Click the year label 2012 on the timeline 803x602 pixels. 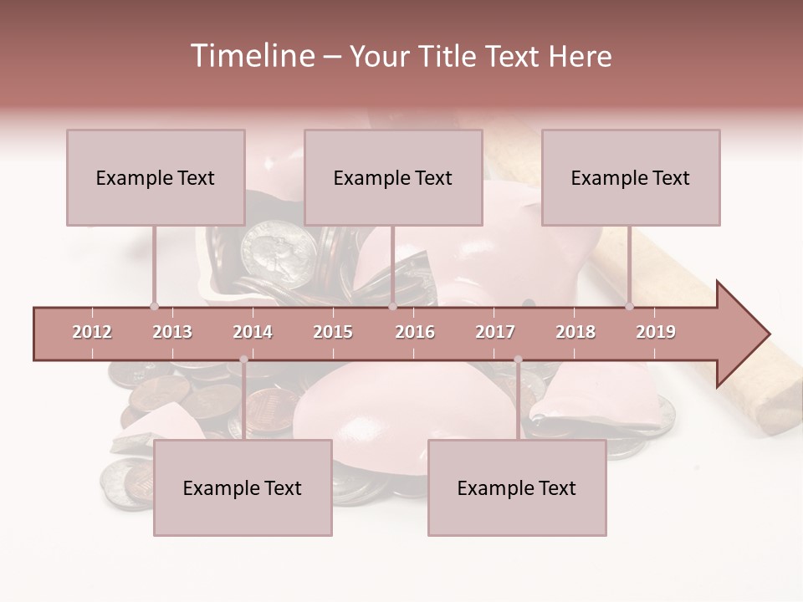pyautogui.click(x=92, y=332)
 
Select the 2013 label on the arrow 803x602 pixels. pyautogui.click(x=172, y=332)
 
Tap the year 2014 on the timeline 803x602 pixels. pyautogui.click(x=253, y=332)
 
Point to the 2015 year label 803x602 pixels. pyautogui.click(x=333, y=332)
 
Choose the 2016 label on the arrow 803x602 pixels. pyautogui.click(x=415, y=332)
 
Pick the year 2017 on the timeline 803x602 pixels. pyautogui.click(x=495, y=332)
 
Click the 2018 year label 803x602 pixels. pyautogui.click(x=575, y=332)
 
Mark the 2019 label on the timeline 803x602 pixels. pyautogui.click(x=656, y=332)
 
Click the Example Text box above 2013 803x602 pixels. pyautogui.click(x=156, y=177)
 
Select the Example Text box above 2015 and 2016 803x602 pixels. pyautogui.click(x=393, y=177)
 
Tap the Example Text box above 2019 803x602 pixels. pyautogui.click(x=631, y=177)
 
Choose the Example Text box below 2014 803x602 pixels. pyautogui.click(x=243, y=487)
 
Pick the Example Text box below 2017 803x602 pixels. pyautogui.click(x=517, y=487)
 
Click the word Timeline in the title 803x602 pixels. pyautogui.click(x=251, y=56)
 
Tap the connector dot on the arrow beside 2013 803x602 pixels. pyautogui.click(x=154, y=306)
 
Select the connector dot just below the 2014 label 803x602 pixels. pyautogui.click(x=243, y=360)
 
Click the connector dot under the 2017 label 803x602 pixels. pyautogui.click(x=518, y=360)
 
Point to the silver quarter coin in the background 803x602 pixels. pyautogui.click(x=278, y=254)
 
